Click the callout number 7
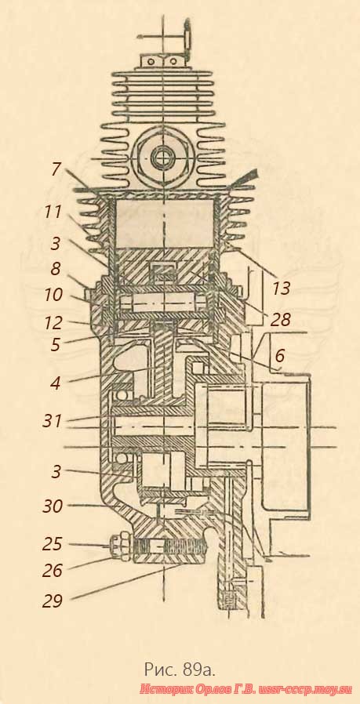tap(55, 170)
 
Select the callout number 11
tap(53, 212)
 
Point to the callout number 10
tap(53, 295)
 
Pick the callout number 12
tap(53, 322)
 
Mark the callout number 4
tap(55, 383)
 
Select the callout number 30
tap(53, 506)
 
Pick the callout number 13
tap(282, 288)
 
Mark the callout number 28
tap(281, 320)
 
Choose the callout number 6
tap(278, 356)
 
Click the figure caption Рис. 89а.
tap(180, 670)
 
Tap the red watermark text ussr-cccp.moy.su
tap(304, 689)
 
